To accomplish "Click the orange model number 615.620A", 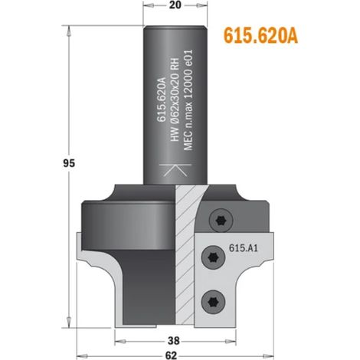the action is coord(260,36).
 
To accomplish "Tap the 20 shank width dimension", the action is coord(175,5).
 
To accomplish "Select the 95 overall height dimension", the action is coord(69,163).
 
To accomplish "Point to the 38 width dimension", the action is coord(174,340).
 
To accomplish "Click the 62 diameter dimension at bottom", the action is coord(171,355).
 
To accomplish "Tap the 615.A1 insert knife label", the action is coord(244,248).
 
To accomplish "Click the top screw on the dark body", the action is coord(221,221).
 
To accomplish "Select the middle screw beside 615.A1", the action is coord(214,257).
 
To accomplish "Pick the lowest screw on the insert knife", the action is coord(214,303).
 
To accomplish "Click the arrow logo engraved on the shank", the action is coord(175,170).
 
